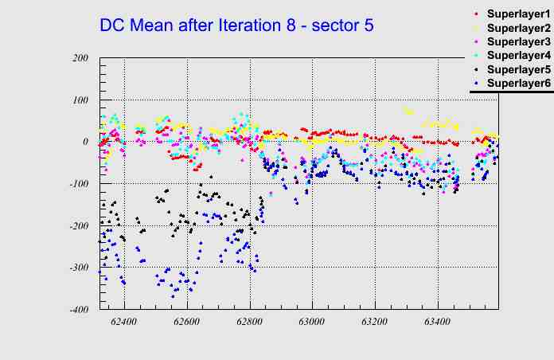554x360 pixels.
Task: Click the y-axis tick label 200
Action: click(x=80, y=58)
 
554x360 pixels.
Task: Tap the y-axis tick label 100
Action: click(x=80, y=100)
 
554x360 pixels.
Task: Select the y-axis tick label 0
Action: click(x=85, y=142)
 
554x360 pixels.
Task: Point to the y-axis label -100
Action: click(x=78, y=184)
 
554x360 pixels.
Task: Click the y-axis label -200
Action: click(x=78, y=226)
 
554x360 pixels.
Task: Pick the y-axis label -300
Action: click(x=78, y=268)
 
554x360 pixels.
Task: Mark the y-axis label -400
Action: click(x=78, y=310)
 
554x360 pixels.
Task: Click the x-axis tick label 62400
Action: click(x=124, y=323)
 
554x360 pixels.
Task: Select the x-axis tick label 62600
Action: click(x=187, y=323)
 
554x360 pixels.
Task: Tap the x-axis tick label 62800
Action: click(x=249, y=323)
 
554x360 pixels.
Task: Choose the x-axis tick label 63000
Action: click(x=312, y=323)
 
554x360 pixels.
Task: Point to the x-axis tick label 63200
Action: click(x=374, y=323)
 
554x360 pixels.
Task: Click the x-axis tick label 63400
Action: click(x=437, y=323)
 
